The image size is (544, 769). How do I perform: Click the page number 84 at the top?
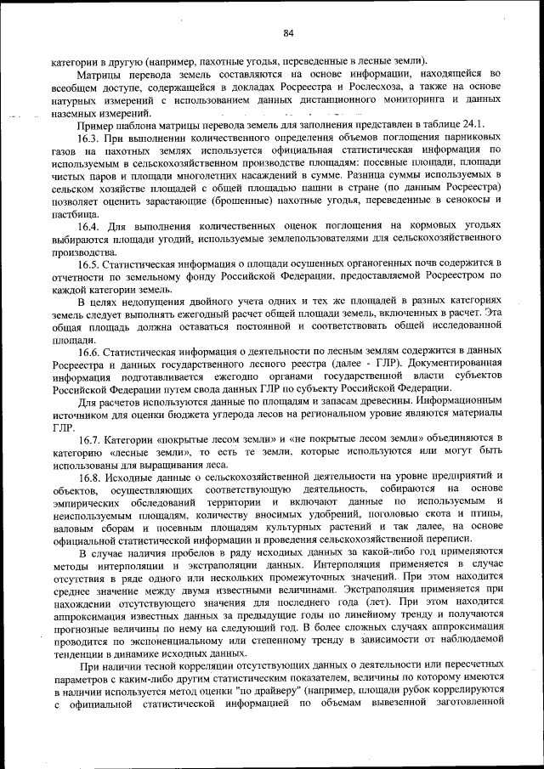tap(288, 33)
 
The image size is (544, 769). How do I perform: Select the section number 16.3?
tap(90, 136)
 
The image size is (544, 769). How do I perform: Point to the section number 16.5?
tap(90, 263)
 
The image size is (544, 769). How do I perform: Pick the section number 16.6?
tap(90, 352)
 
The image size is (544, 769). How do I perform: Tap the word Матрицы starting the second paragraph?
tap(96, 75)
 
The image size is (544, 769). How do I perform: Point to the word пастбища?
tap(75, 213)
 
